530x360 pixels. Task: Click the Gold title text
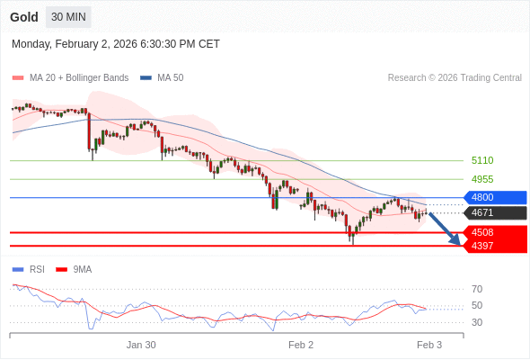click(x=24, y=17)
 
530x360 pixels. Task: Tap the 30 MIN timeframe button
click(x=68, y=17)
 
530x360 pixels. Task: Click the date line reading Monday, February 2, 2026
click(x=116, y=44)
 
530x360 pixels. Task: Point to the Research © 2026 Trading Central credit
click(x=455, y=77)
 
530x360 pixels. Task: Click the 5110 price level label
click(x=482, y=160)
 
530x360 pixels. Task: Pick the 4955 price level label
click(x=482, y=179)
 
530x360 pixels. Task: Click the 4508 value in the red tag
click(x=482, y=232)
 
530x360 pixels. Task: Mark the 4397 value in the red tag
click(x=482, y=246)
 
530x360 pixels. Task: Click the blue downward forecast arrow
click(x=445, y=228)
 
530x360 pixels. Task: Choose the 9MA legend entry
click(x=82, y=269)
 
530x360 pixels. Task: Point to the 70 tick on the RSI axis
click(x=477, y=289)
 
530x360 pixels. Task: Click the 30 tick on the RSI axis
click(x=477, y=322)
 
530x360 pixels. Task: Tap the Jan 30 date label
click(x=141, y=345)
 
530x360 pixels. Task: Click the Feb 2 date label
click(x=301, y=345)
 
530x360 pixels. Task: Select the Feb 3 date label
click(x=428, y=345)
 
